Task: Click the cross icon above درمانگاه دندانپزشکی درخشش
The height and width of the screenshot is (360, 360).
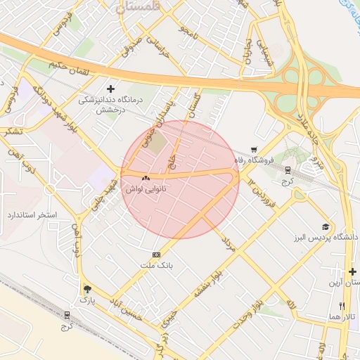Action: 110,89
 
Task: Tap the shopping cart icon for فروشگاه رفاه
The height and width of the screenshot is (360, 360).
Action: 253,149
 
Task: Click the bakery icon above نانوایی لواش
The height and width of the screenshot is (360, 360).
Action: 146,179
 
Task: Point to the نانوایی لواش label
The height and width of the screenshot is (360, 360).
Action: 146,189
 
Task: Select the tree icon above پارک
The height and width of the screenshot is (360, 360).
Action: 87,289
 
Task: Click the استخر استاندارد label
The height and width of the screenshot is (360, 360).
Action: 32,213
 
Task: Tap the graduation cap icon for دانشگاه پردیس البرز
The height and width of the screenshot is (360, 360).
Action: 325,226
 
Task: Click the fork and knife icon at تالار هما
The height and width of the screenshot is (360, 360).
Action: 342,306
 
